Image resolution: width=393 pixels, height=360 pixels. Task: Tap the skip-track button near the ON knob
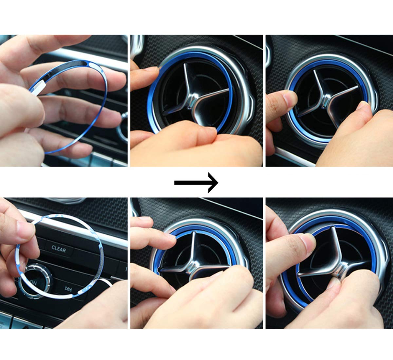tap(69, 289)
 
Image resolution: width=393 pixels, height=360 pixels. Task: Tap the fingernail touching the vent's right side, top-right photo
tap(363, 105)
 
